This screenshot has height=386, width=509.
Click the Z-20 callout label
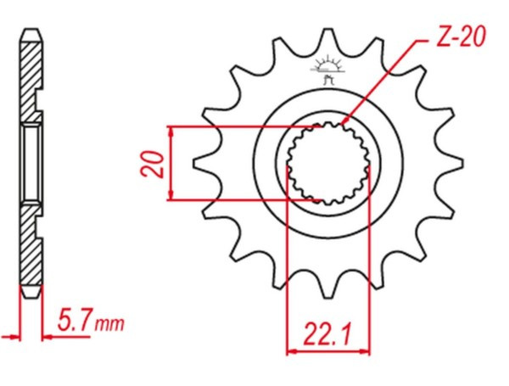461,36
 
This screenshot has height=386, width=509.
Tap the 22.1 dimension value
327,334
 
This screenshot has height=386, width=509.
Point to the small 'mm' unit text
109,324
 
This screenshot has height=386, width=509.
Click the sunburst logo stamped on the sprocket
327,70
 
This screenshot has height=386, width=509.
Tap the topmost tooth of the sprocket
327,40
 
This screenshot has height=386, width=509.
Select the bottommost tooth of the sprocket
327,287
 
